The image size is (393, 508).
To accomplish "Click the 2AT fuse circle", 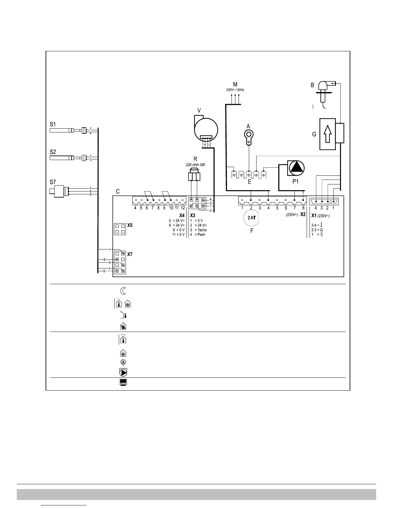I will coord(252,218).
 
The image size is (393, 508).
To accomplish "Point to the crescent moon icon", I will coord(123,291).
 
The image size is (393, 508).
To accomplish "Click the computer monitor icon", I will coord(123,382).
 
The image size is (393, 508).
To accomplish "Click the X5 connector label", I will coord(130,225).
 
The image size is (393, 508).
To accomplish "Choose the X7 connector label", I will coord(130,254).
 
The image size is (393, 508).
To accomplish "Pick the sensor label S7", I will coord(53,182).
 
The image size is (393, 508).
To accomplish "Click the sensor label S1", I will coord(53,123).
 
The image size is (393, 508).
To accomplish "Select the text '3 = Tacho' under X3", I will coord(198,230).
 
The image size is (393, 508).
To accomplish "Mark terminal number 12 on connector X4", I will coord(183,208).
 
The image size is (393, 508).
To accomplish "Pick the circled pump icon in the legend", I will coord(123,372).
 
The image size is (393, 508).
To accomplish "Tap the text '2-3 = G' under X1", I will coord(317,230).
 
